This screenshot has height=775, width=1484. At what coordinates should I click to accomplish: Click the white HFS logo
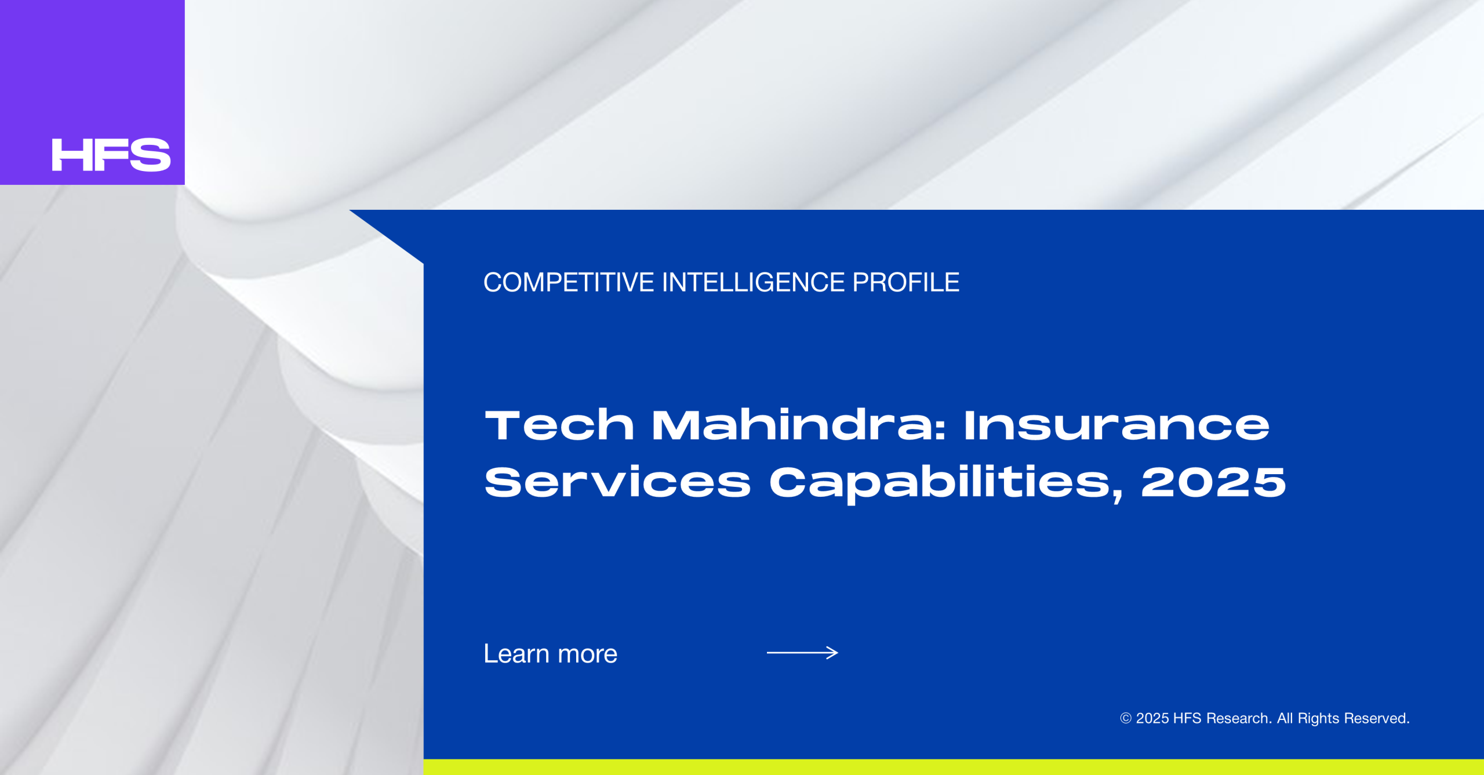(111, 155)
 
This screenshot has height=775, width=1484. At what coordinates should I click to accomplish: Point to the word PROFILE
(905, 282)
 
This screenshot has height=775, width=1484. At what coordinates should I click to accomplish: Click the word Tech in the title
(559, 425)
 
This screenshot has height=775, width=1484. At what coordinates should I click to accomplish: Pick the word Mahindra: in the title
(799, 425)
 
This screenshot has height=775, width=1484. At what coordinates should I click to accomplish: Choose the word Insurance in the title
(1116, 425)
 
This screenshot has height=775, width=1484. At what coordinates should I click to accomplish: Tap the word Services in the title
(617, 482)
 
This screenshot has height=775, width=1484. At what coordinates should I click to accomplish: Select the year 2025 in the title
(1213, 482)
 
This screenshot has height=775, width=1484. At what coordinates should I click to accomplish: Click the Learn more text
(550, 653)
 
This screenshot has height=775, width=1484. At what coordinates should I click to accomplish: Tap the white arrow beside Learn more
(802, 653)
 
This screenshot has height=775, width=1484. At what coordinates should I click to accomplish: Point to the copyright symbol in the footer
(1126, 718)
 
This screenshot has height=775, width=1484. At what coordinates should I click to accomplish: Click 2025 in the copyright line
(1152, 718)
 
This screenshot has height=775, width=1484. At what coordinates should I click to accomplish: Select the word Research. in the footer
(1239, 718)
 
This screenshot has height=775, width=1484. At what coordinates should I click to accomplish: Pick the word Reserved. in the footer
(1377, 718)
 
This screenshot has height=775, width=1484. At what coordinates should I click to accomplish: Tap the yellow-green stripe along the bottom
(954, 767)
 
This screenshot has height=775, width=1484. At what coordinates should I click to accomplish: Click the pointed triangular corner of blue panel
(350, 210)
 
